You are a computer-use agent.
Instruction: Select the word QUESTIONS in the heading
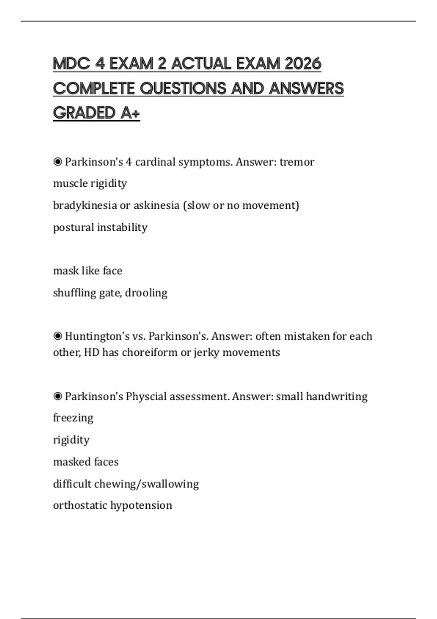pyautogui.click(x=184, y=88)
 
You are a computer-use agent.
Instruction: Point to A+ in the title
pyautogui.click(x=130, y=113)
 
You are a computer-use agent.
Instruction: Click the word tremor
pyautogui.click(x=297, y=162)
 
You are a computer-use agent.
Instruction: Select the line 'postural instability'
pyautogui.click(x=100, y=227)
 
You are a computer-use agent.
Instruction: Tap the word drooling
pyautogui.click(x=146, y=293)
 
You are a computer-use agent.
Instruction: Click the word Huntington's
pyautogui.click(x=97, y=336)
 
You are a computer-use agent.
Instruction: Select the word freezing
pyautogui.click(x=73, y=418)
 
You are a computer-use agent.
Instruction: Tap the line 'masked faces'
pyautogui.click(x=86, y=462)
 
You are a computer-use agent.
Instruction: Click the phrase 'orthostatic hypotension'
pyautogui.click(x=113, y=505)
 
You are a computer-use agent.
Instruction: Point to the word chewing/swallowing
pyautogui.click(x=146, y=484)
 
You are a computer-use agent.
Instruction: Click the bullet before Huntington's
pyautogui.click(x=58, y=336)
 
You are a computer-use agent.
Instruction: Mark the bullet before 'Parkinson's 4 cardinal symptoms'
pyautogui.click(x=58, y=162)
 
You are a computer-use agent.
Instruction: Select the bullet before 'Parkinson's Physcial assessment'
pyautogui.click(x=58, y=396)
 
